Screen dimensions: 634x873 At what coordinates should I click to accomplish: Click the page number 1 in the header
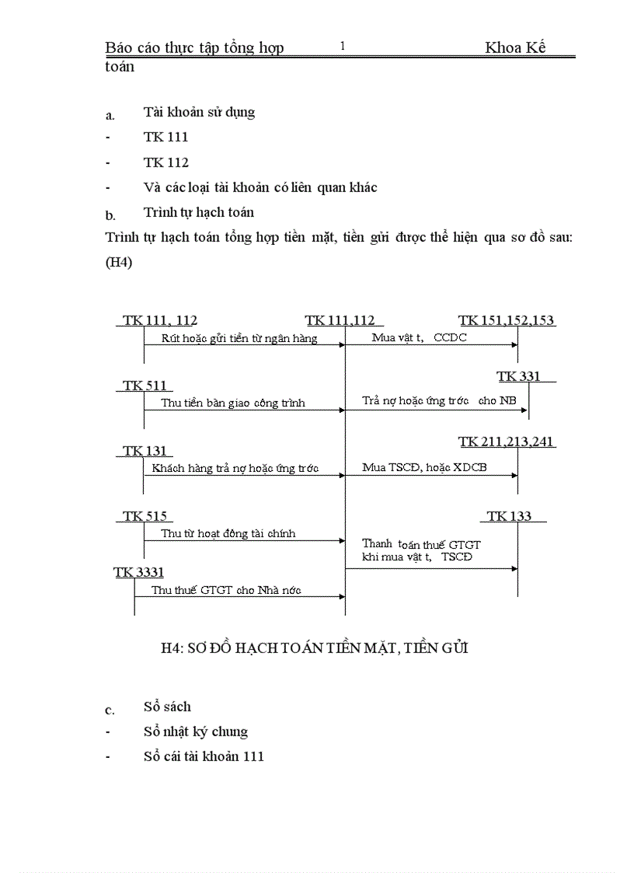coord(343,47)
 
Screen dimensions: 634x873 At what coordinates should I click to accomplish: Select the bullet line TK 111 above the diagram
coord(165,138)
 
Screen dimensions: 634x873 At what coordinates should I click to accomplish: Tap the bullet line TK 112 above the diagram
coord(165,163)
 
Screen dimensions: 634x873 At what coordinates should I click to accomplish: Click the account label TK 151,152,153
coord(507,320)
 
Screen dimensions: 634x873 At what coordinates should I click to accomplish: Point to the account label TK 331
coord(518,377)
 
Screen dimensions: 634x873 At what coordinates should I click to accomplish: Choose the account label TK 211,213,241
coord(507,442)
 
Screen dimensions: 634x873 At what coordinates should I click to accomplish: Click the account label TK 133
coord(510,516)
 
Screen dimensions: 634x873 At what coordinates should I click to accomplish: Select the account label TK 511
coord(144,386)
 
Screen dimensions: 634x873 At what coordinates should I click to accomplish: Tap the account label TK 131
coord(144,451)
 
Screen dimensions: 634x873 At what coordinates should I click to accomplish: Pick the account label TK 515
coord(145,516)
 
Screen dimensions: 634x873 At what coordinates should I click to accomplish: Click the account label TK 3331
coord(139,572)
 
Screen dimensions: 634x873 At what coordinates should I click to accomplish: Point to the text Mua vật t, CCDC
coord(419,338)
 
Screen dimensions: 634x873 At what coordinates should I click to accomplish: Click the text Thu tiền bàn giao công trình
coord(233,403)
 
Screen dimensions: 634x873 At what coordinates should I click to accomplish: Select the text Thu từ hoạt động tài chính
coord(228,534)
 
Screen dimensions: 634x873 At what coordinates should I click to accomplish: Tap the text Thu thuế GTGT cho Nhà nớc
coord(226,590)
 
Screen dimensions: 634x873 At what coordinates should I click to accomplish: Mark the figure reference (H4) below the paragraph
coord(119,263)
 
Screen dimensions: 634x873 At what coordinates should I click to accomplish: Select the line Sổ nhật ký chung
coord(196,732)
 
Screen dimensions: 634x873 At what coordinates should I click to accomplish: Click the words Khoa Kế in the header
coord(515,47)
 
